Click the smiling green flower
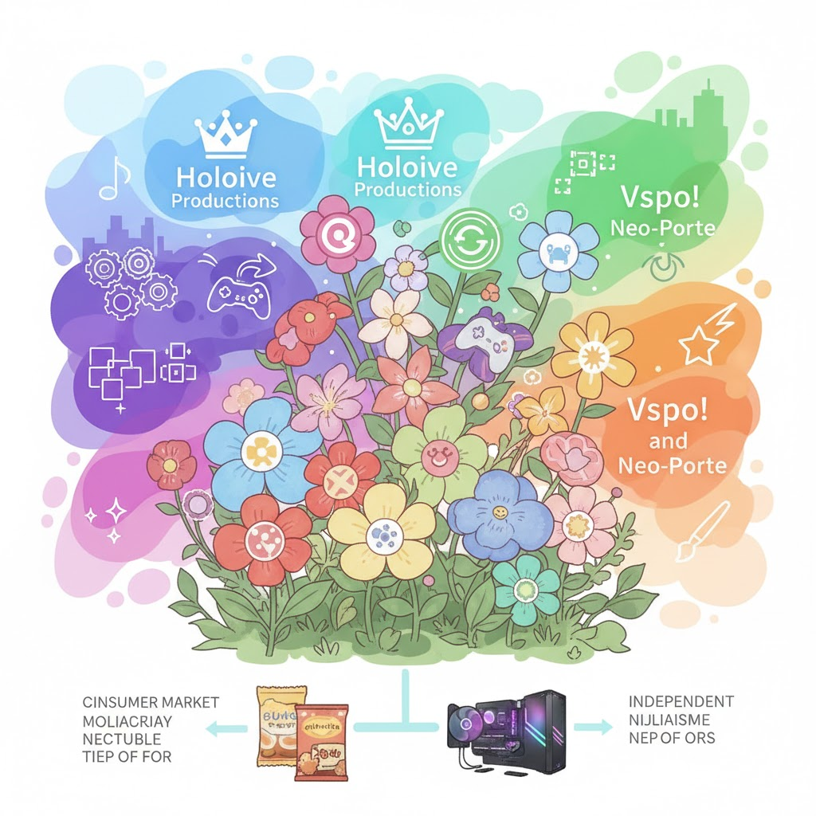point(439,453)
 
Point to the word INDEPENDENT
point(681,701)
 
